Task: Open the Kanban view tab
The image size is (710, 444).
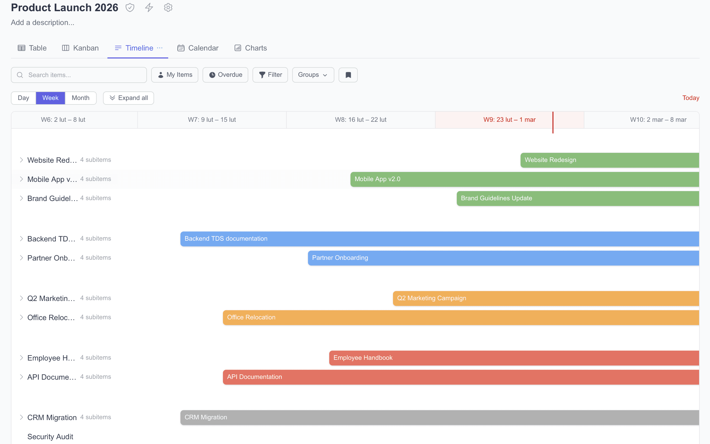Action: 80,48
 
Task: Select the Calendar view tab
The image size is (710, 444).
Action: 198,48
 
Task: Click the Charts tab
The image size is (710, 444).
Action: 251,48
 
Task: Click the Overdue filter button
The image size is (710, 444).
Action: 225,75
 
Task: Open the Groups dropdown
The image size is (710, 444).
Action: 313,75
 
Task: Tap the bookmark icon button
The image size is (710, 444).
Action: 348,75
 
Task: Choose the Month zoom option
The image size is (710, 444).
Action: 81,98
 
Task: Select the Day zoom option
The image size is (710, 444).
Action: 23,98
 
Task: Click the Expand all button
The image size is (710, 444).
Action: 129,98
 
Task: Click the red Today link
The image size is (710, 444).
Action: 690,98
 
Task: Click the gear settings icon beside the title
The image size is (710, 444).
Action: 168,8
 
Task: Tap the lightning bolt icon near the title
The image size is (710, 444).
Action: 149,8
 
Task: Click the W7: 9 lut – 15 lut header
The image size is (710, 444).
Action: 212,120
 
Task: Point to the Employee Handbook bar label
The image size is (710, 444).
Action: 363,358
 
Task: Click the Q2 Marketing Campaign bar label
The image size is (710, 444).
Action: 432,298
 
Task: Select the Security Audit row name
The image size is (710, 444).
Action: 50,437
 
